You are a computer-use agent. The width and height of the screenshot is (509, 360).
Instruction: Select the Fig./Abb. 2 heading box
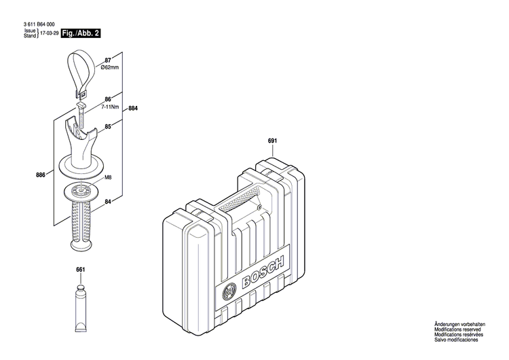[80, 32]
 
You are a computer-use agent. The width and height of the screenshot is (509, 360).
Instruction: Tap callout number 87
[108, 61]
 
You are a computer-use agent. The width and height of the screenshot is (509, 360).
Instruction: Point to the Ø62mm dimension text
[110, 67]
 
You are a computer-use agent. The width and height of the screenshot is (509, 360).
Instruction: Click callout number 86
[108, 100]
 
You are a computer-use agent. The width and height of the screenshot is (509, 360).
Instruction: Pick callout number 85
[108, 126]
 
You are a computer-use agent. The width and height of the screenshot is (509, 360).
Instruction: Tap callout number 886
[40, 175]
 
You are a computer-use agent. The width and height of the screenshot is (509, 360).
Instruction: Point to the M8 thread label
[107, 177]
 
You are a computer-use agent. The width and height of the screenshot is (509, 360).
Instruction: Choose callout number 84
[108, 201]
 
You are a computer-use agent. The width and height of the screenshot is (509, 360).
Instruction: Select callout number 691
[272, 141]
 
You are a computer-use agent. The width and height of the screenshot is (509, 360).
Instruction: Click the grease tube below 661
[80, 300]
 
